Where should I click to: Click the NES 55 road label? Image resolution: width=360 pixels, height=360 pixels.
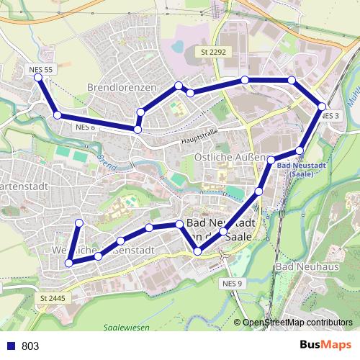point(41,69)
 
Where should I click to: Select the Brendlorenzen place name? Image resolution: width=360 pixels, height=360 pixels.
point(122,87)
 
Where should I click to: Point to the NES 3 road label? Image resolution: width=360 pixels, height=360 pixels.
point(330,116)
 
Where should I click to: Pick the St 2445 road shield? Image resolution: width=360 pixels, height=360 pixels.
point(53,298)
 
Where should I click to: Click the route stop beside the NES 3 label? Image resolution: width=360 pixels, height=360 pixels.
point(322,107)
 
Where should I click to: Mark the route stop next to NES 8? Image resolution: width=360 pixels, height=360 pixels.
point(137,129)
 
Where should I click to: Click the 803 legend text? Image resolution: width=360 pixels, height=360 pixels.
point(30,346)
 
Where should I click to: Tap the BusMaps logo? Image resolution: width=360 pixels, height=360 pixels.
point(325,346)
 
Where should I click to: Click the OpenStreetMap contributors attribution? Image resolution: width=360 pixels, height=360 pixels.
point(297,323)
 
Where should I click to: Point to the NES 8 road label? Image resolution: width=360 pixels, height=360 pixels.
point(85,127)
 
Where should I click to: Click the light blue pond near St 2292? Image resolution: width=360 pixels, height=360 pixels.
point(177,48)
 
